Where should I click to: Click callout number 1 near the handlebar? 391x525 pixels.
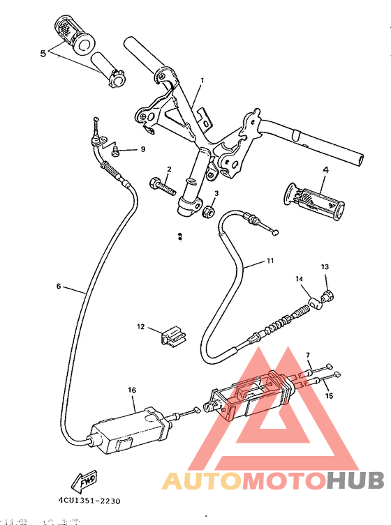pyautogui.click(x=202, y=81)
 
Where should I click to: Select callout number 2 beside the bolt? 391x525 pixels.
pyautogui.click(x=169, y=169)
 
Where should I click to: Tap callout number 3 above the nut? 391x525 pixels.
pyautogui.click(x=216, y=193)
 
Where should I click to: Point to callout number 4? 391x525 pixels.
pyautogui.click(x=325, y=169)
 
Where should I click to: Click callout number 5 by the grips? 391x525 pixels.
pyautogui.click(x=43, y=52)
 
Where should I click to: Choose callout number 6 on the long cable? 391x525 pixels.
pyautogui.click(x=59, y=286)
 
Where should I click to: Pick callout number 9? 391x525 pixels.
pyautogui.click(x=142, y=149)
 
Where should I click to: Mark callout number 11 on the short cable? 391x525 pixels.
pyautogui.click(x=270, y=261)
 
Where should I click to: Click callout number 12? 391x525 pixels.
pyautogui.click(x=140, y=326)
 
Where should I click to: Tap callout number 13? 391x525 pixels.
pyautogui.click(x=324, y=267)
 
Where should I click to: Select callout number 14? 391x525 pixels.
pyautogui.click(x=299, y=280)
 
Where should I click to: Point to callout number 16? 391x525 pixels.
pyautogui.click(x=131, y=390)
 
